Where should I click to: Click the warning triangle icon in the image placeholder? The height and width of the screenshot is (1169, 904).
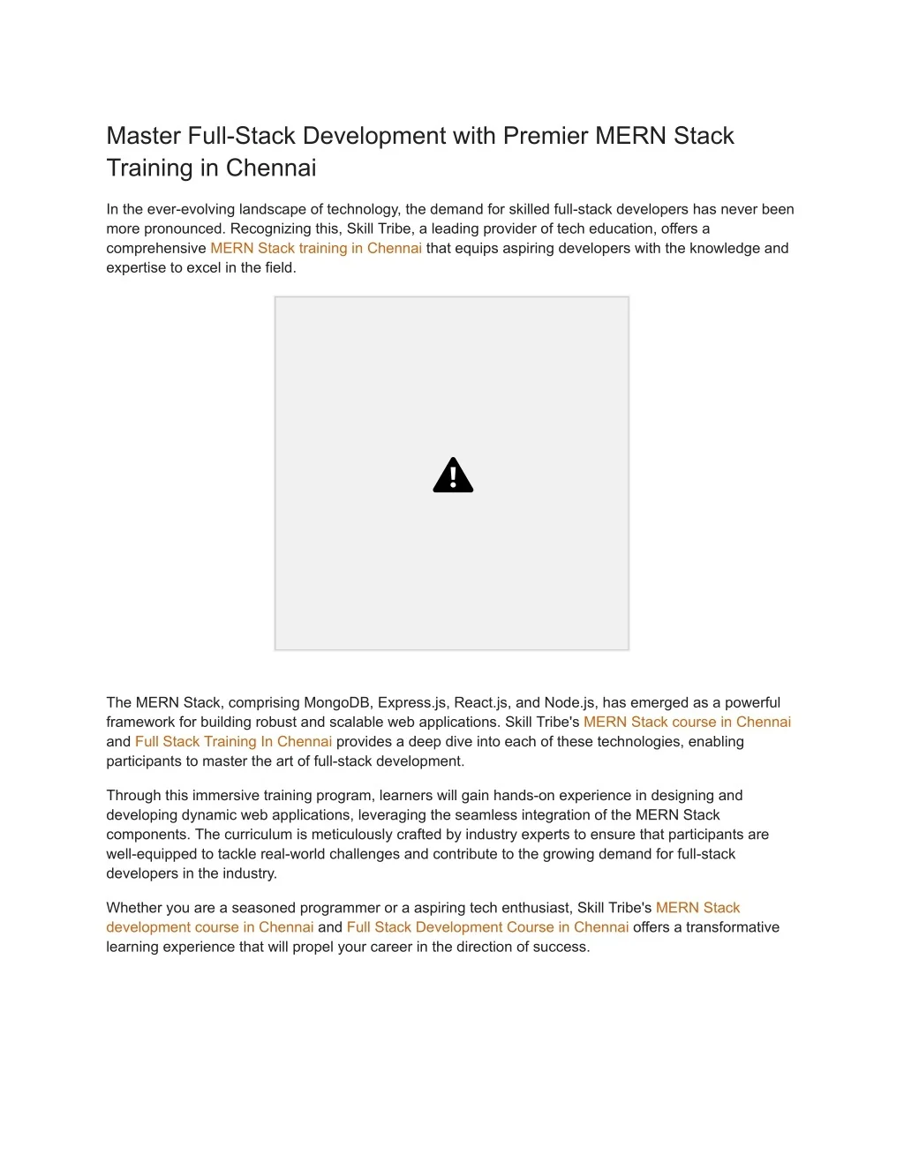coord(453,476)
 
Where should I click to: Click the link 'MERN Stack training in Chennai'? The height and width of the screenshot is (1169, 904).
coord(316,248)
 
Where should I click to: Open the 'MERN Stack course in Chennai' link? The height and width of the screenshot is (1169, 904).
coord(687,722)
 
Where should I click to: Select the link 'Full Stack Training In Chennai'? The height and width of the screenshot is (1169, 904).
coord(233,741)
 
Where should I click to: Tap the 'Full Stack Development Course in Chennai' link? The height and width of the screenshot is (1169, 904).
coord(487,927)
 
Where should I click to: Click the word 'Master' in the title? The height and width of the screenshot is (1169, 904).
coord(144,136)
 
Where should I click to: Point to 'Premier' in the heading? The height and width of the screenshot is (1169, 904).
coord(546,136)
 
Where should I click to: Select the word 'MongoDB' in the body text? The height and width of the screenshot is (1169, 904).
coord(338,702)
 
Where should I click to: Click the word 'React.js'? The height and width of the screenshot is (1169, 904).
coord(482,702)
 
